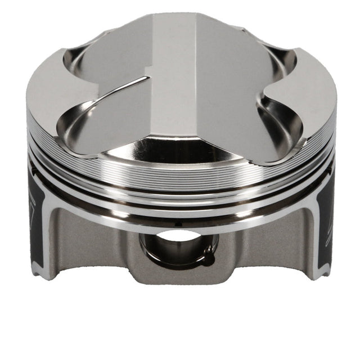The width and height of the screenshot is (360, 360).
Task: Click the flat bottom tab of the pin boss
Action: pyautogui.click(x=179, y=277)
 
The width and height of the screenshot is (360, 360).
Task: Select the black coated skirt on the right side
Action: pyautogui.click(x=325, y=225)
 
